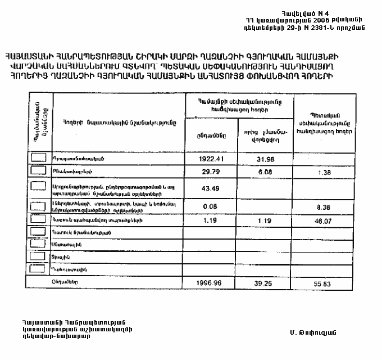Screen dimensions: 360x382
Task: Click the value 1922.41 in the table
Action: click(x=211, y=159)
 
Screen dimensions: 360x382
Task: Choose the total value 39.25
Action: click(x=262, y=283)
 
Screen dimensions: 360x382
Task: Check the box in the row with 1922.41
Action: click(x=38, y=157)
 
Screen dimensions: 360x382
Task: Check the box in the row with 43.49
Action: click(x=38, y=186)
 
